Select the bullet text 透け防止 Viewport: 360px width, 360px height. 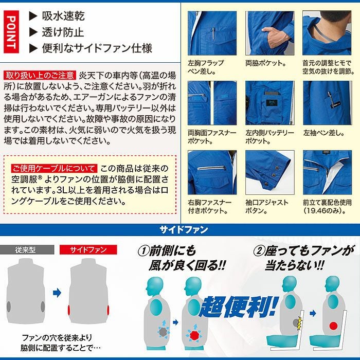click(x=63, y=32)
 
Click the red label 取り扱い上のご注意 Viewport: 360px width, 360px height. click(x=40, y=75)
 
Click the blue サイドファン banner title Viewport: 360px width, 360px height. click(x=180, y=229)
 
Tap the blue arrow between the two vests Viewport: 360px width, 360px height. click(x=57, y=292)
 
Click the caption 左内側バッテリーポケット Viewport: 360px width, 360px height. click(x=270, y=136)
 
